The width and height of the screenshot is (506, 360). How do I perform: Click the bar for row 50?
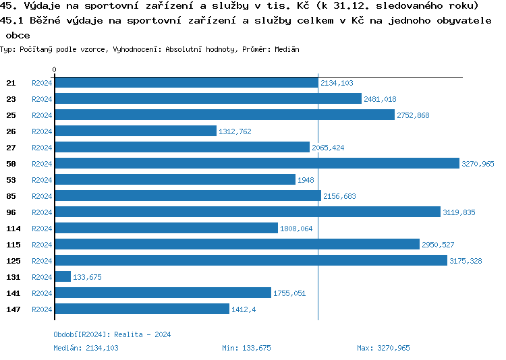pos(256,164)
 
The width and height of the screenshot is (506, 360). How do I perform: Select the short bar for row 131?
pos(63,277)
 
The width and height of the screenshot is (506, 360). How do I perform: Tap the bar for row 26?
pos(135,131)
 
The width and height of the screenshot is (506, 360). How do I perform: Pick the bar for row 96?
pos(247,212)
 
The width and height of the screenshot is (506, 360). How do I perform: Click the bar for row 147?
pos(142,309)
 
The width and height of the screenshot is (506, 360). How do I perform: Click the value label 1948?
pos(306,180)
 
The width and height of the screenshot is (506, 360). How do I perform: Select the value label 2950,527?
pos(438,245)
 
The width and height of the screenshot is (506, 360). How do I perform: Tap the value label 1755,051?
pos(289,293)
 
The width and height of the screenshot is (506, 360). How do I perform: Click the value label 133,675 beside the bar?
pos(87,277)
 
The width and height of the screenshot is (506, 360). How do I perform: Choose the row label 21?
pos(11,83)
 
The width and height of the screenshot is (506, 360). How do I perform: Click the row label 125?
pos(13,261)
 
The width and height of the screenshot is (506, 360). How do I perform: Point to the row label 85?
pos(11,196)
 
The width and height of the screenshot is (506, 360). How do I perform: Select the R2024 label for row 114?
pos(42,229)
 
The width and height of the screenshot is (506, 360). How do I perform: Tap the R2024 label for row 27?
pos(42,148)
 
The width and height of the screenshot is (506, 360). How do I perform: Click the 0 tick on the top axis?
pos(55,69)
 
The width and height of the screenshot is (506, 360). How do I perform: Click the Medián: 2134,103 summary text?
pos(86,348)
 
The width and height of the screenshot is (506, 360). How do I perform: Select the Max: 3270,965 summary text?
pos(383,348)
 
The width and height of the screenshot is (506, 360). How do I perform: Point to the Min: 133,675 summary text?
pos(246,348)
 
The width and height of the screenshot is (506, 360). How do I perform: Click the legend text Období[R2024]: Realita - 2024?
pos(112,334)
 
